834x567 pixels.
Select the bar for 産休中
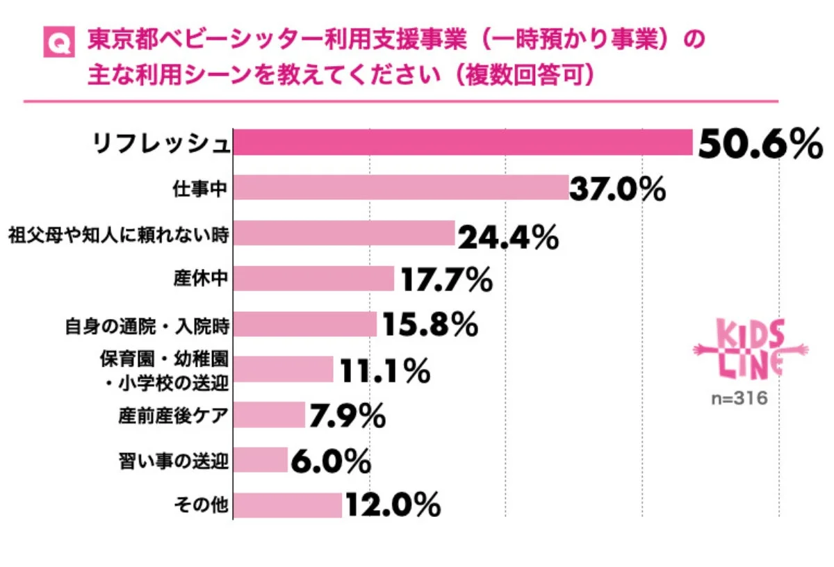[313, 279]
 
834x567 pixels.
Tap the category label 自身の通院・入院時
[147, 324]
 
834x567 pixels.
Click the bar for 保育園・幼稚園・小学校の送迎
[283, 369]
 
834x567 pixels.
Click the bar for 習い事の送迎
[260, 460]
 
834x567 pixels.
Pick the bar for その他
[287, 505]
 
